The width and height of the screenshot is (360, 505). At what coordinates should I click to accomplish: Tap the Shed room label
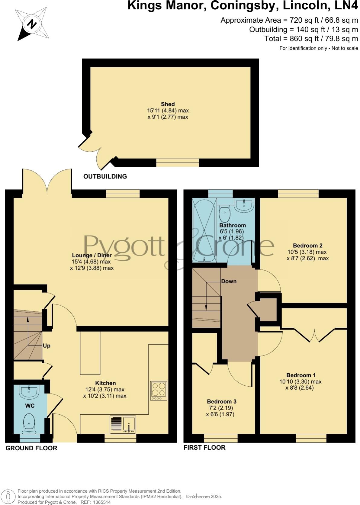[x=168, y=104]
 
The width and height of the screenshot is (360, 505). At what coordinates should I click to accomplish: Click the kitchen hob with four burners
[x=159, y=391]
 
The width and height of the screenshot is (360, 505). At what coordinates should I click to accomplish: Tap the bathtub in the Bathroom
[x=204, y=230]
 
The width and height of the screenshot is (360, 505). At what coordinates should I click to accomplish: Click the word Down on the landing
[x=229, y=281]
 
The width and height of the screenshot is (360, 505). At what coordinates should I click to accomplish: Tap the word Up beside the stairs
[x=47, y=346]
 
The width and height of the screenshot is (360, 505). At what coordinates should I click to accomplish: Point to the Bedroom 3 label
[x=221, y=401]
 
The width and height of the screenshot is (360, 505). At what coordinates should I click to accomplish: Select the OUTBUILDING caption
[x=105, y=176]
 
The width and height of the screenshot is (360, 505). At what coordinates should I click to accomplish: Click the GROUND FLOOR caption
[x=31, y=448]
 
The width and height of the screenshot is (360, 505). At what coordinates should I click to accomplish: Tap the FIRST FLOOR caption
[x=204, y=447]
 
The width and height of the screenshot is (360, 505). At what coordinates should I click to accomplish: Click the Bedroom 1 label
[x=301, y=375]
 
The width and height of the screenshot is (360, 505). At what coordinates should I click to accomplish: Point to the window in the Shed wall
[x=177, y=163]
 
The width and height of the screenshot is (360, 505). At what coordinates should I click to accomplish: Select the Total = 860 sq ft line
[x=311, y=39]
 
